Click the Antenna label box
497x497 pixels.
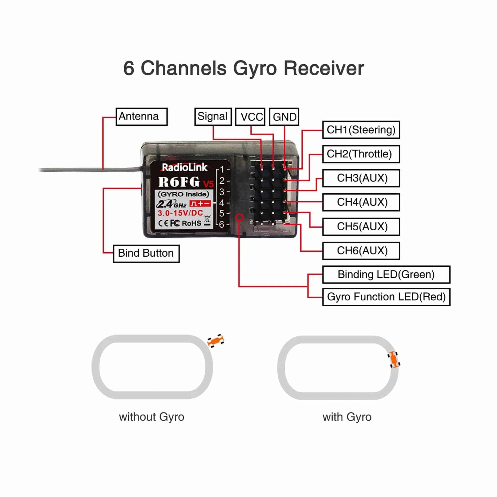(x=141, y=116)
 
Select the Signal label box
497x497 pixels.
(x=213, y=116)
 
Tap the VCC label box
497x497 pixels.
(x=250, y=117)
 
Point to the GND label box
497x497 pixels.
(x=284, y=117)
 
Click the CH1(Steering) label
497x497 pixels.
(x=361, y=130)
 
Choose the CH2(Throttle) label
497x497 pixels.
(x=361, y=154)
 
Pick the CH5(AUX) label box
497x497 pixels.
(x=361, y=227)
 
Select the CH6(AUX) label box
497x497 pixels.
(x=361, y=251)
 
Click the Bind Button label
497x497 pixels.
(x=146, y=253)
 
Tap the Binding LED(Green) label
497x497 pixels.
(x=386, y=275)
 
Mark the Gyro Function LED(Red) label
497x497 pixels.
(x=386, y=297)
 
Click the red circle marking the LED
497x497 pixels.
(x=240, y=218)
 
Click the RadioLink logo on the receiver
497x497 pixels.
(x=184, y=168)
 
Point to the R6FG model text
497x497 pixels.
(x=179, y=182)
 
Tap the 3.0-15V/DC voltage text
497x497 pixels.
(x=180, y=213)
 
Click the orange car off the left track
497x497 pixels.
(x=216, y=341)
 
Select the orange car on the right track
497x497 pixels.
(x=394, y=359)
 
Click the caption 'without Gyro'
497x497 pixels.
(x=151, y=417)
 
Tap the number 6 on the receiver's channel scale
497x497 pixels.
(x=221, y=224)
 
